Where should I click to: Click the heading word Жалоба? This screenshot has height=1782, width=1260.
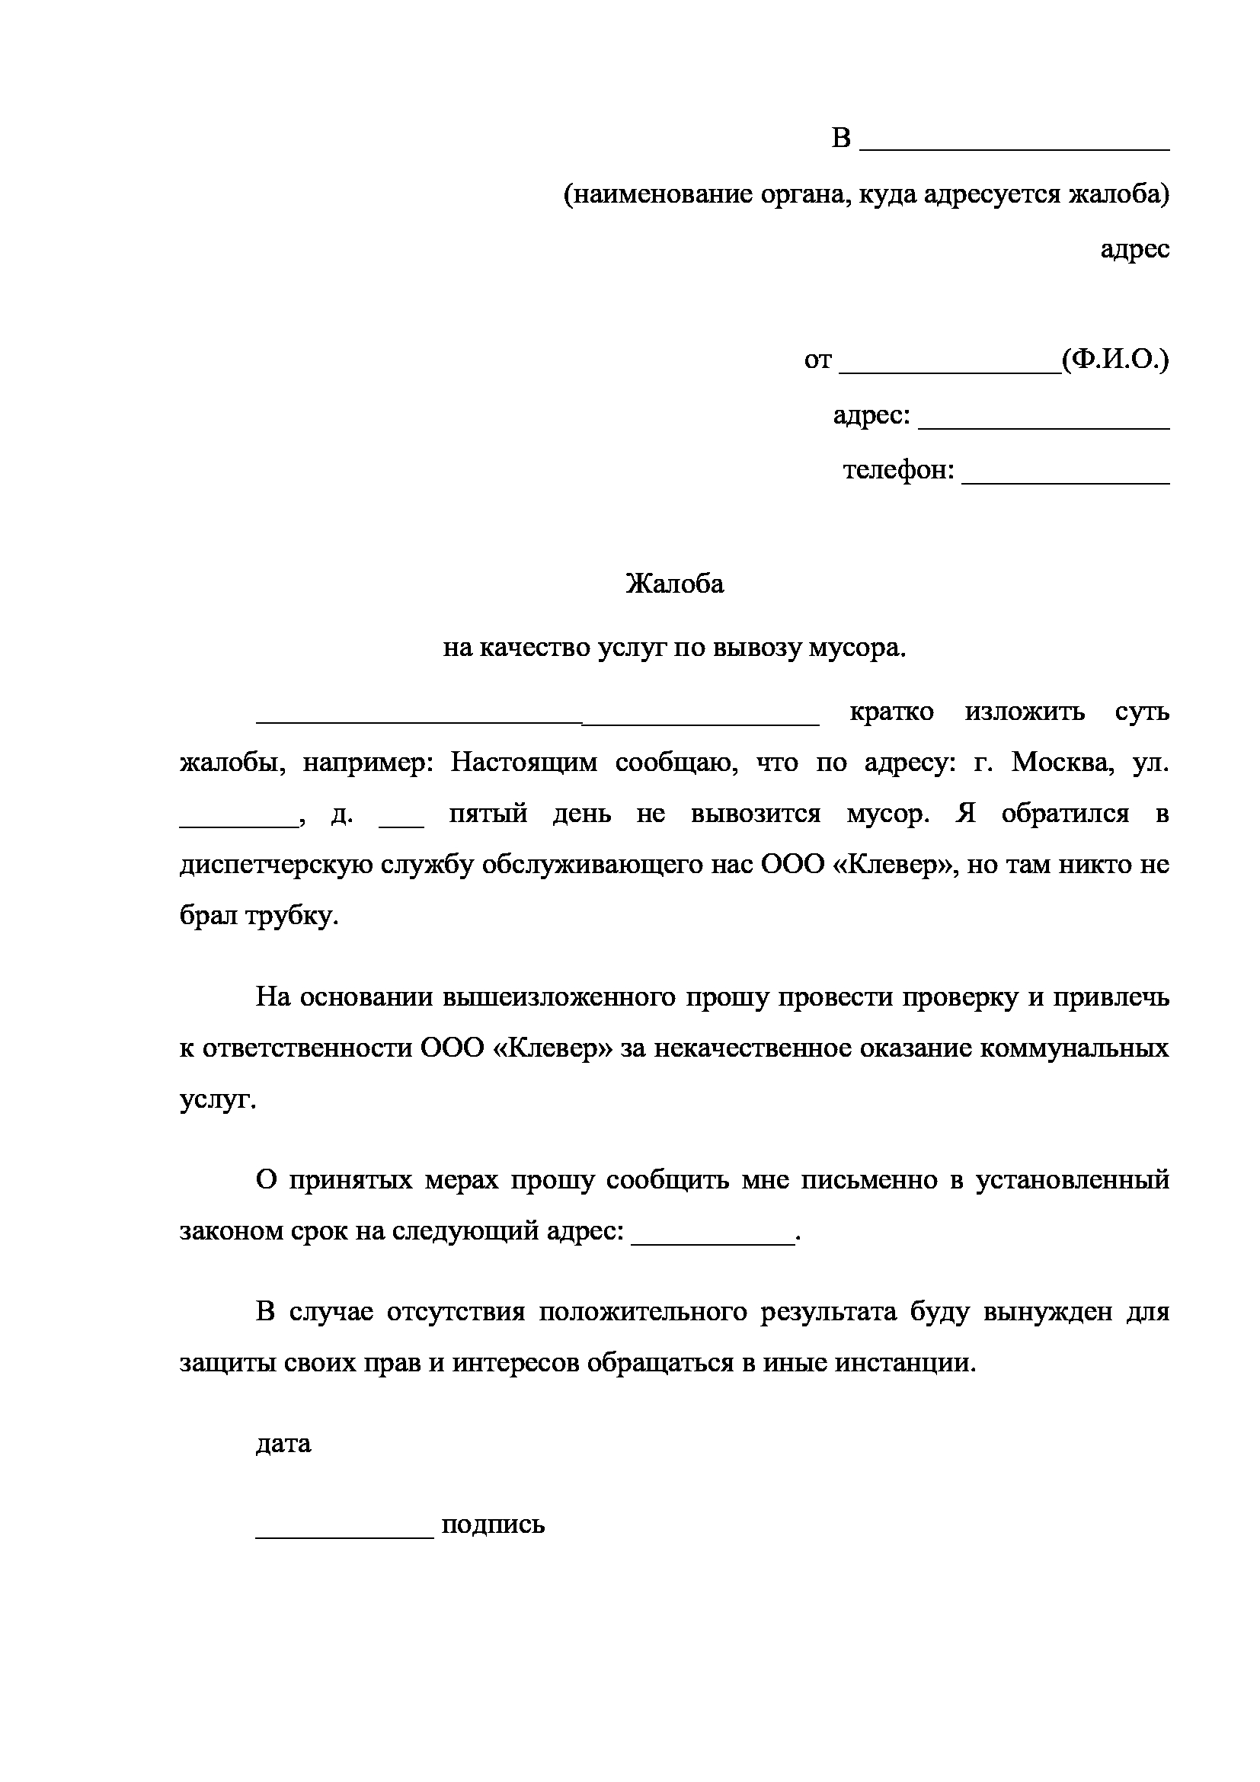click(x=674, y=584)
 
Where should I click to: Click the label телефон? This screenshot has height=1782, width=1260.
click(x=898, y=470)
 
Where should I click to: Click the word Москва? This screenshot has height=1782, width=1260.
click(x=1063, y=763)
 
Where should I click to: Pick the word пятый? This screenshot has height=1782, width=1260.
click(x=488, y=814)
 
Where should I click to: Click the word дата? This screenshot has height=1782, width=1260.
click(x=283, y=1444)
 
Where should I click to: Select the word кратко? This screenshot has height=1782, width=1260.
click(x=891, y=712)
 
